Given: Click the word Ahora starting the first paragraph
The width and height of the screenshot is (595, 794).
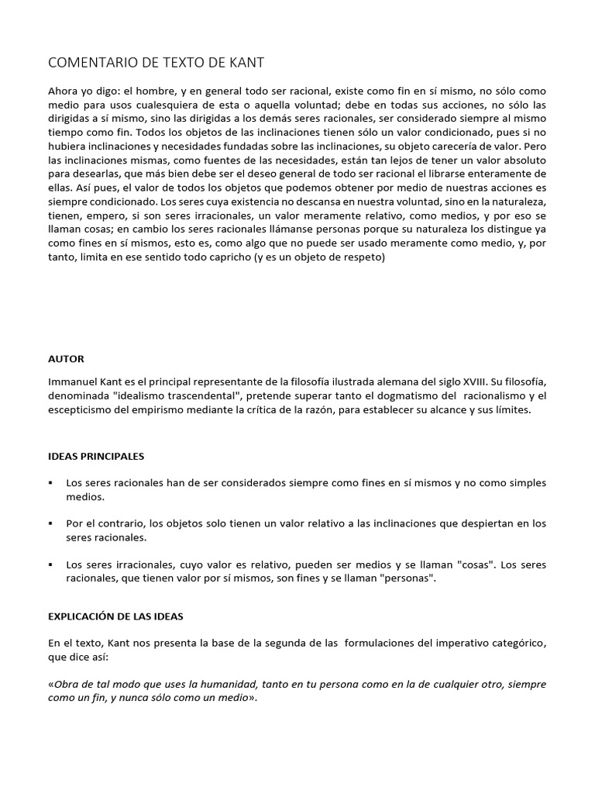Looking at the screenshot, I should (64, 91).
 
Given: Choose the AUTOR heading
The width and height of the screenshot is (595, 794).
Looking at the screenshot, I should (66, 359).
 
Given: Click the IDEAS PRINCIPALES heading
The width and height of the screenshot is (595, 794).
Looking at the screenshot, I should (96, 457).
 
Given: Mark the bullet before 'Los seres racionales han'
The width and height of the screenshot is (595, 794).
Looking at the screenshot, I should (51, 482).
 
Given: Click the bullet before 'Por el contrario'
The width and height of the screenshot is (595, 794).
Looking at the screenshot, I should (51, 524).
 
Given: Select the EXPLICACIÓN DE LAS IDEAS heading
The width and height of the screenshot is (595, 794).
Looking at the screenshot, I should (115, 616).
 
